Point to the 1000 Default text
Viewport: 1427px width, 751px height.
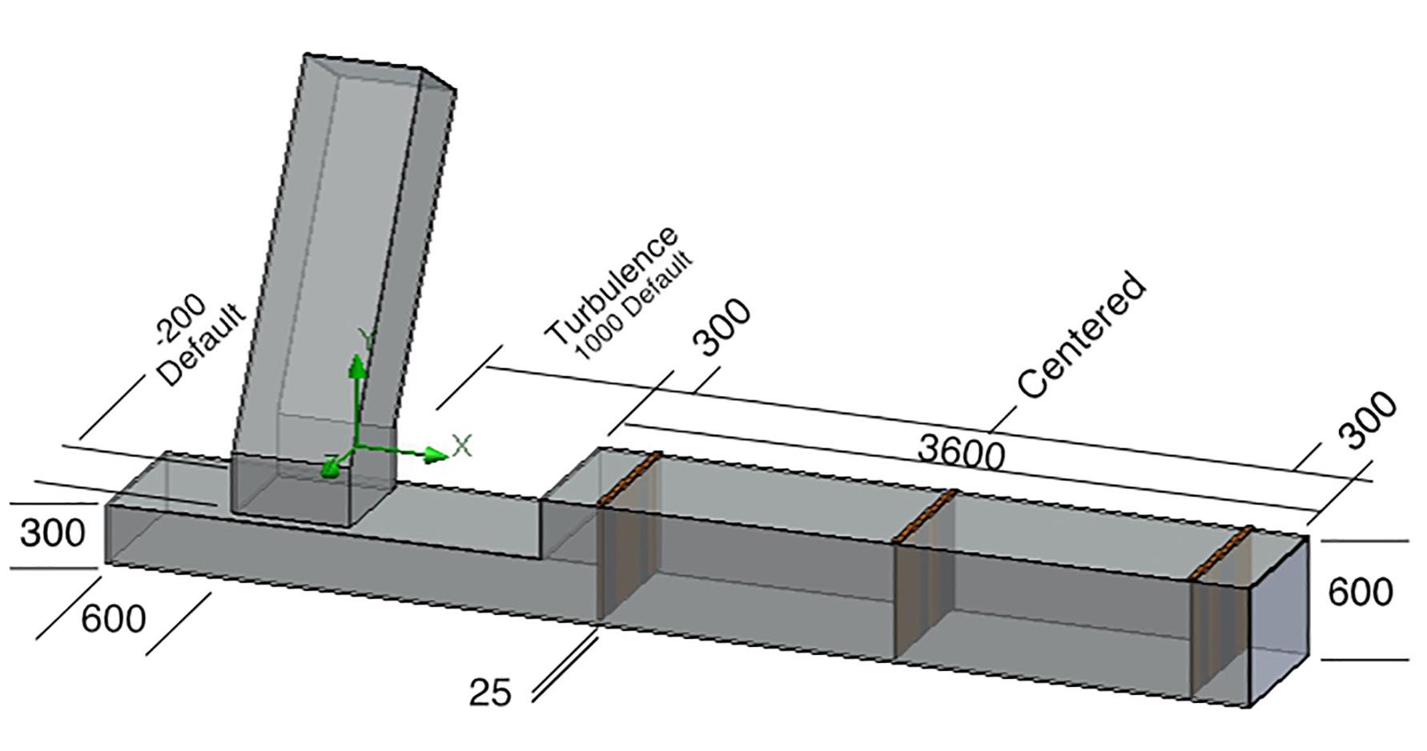[x=634, y=307]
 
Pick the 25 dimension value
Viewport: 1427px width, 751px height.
[x=490, y=693]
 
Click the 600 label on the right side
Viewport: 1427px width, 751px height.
[x=1361, y=593]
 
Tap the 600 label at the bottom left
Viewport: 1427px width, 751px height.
[x=114, y=619]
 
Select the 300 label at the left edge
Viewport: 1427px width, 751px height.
[x=52, y=532]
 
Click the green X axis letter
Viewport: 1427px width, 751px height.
[x=462, y=445]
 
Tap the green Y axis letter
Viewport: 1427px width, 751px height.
[x=366, y=339]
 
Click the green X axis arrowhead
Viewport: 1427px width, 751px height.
[x=436, y=455]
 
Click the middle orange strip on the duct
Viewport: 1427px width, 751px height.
[x=925, y=515]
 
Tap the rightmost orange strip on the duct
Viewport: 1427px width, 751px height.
[x=1220, y=552]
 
